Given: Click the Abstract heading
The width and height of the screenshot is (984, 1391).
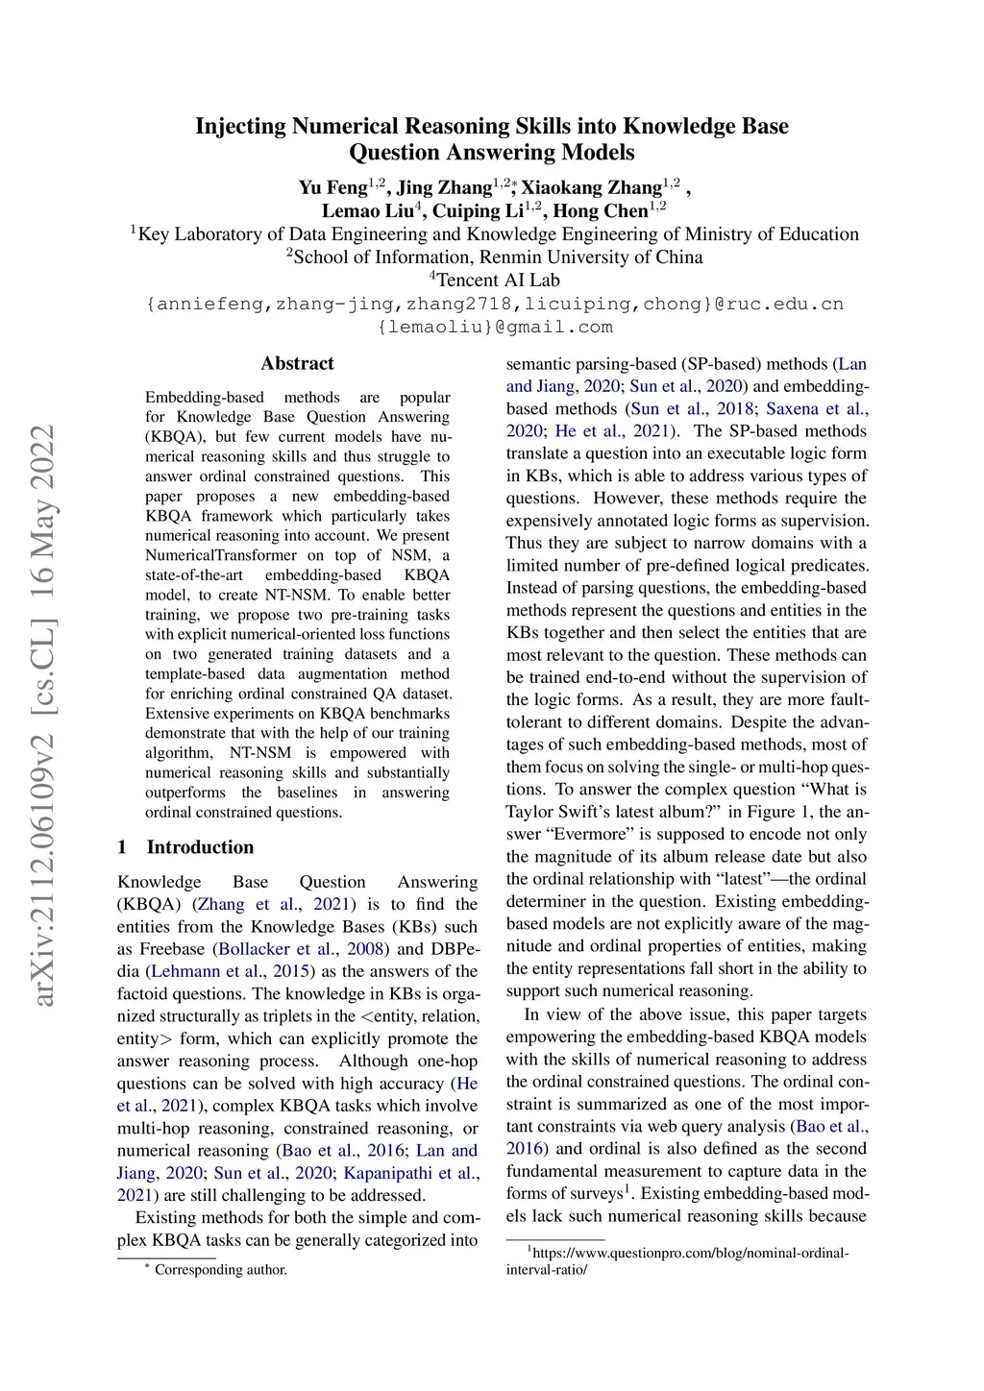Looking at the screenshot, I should [297, 363].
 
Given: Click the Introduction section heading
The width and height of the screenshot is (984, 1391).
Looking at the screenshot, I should [200, 847].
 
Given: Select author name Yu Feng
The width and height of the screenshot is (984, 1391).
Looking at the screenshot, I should [332, 187].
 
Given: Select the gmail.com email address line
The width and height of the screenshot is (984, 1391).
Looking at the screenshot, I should [495, 327].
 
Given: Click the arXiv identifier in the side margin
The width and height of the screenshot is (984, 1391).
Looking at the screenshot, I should [43, 716].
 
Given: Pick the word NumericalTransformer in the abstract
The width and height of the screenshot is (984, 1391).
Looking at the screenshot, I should [221, 555].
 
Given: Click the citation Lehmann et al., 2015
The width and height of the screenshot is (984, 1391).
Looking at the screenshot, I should [230, 971].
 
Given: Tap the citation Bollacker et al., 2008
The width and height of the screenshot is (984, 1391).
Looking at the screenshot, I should [302, 949].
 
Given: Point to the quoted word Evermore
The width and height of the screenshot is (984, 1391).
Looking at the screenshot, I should [590, 834].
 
